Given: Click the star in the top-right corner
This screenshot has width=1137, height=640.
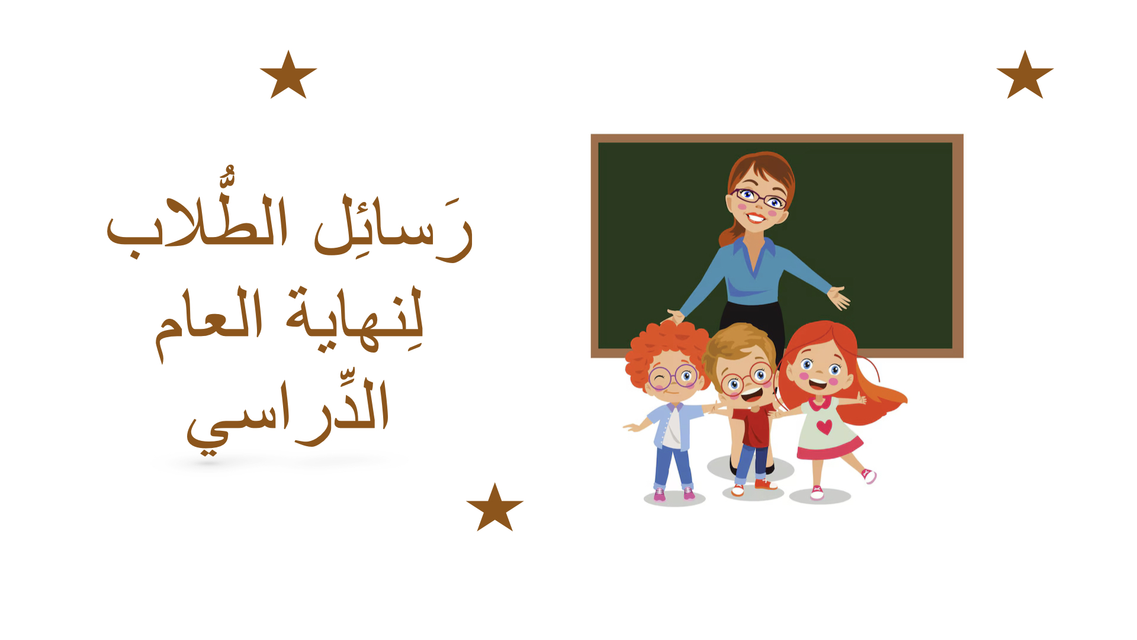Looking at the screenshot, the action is tap(1025, 76).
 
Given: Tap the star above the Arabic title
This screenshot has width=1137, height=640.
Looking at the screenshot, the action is tap(288, 76).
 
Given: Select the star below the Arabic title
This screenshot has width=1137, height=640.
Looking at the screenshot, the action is tap(495, 508).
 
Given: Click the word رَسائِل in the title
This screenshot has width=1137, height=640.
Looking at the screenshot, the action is tap(394, 228).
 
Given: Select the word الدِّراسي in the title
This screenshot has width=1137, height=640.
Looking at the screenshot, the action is tap(288, 415).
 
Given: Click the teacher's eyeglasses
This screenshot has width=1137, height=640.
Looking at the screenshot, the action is tap(759, 198).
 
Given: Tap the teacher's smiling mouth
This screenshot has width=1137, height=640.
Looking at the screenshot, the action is tap(756, 217).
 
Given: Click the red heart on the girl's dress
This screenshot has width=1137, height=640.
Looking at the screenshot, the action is tap(824, 427).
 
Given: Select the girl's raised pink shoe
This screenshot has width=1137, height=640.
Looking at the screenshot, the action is tap(869, 475).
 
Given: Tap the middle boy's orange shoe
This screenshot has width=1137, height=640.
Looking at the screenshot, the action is tap(765, 485).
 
